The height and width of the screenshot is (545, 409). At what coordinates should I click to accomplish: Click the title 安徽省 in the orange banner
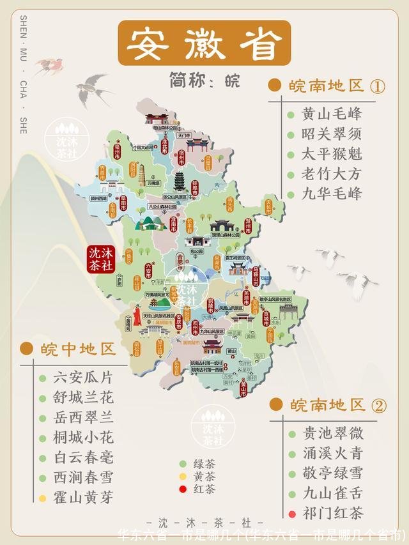coord(204,43)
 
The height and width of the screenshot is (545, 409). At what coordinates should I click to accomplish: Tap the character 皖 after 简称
coord(231,81)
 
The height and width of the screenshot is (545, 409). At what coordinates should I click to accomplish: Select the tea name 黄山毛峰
coord(332,114)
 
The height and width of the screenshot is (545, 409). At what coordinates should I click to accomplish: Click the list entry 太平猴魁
coord(332,154)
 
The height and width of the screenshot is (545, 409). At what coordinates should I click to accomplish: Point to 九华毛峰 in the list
coord(332,194)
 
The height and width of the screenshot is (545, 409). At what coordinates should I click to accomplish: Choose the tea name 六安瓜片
coord(84,378)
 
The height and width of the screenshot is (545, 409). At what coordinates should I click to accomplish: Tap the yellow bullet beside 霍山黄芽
coord(42,498)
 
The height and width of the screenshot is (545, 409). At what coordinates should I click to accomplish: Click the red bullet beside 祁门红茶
coord(292,514)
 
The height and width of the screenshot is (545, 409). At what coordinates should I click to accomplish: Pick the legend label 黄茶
coord(204,477)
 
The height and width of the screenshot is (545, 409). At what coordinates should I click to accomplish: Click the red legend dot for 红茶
coord(182,489)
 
